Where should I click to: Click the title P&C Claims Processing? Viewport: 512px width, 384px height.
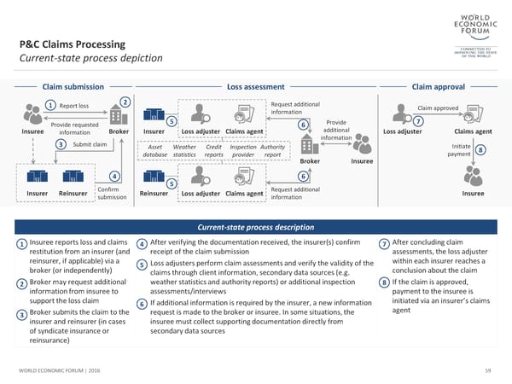(73, 44)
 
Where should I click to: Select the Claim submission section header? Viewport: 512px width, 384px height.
(73, 86)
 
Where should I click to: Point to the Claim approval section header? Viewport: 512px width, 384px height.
(438, 86)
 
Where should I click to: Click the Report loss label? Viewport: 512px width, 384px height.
(74, 106)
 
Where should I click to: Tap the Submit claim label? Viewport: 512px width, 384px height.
(90, 143)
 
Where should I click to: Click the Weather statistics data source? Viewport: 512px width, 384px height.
(184, 150)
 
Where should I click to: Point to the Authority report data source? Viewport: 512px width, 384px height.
(273, 150)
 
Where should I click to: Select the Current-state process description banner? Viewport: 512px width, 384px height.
(256, 226)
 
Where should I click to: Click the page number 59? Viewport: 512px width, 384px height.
(488, 369)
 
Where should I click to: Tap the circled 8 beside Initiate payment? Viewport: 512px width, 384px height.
(481, 150)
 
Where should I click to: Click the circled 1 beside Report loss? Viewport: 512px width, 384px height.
(50, 106)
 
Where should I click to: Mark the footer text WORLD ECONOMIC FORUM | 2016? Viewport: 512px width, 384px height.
(55, 369)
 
